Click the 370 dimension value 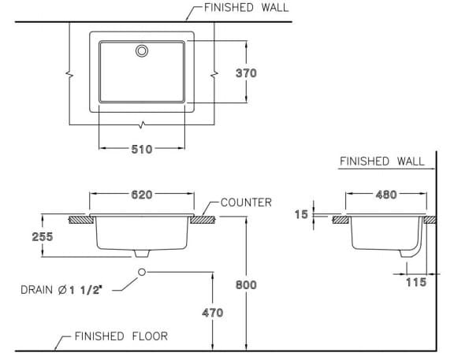(246, 73)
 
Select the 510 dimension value (142, 148)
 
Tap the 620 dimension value (141, 195)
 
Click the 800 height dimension (246, 284)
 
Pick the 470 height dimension (213, 312)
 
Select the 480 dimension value (385, 195)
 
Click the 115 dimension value (415, 281)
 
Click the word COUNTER (246, 202)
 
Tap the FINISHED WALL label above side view (381, 161)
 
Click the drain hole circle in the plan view (142, 51)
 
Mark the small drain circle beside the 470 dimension (142, 272)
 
